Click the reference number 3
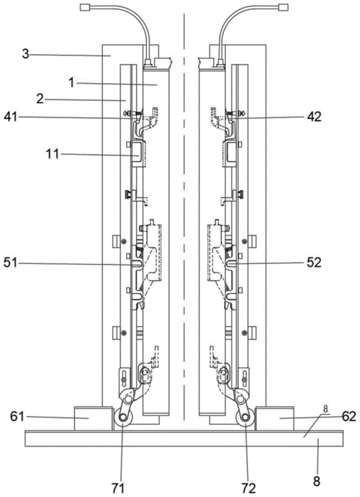click(26, 54)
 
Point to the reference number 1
click(71, 83)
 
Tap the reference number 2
click(40, 99)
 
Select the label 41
click(11, 117)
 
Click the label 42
click(314, 117)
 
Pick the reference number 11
click(52, 154)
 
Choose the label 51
click(11, 263)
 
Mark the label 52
click(314, 263)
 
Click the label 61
click(17, 416)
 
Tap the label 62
click(349, 416)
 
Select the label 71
click(117, 488)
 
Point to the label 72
click(248, 488)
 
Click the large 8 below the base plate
click(317, 481)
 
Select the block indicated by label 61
click(93, 418)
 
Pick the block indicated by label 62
click(275, 418)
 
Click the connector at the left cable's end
click(84, 7)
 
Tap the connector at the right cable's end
click(283, 7)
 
